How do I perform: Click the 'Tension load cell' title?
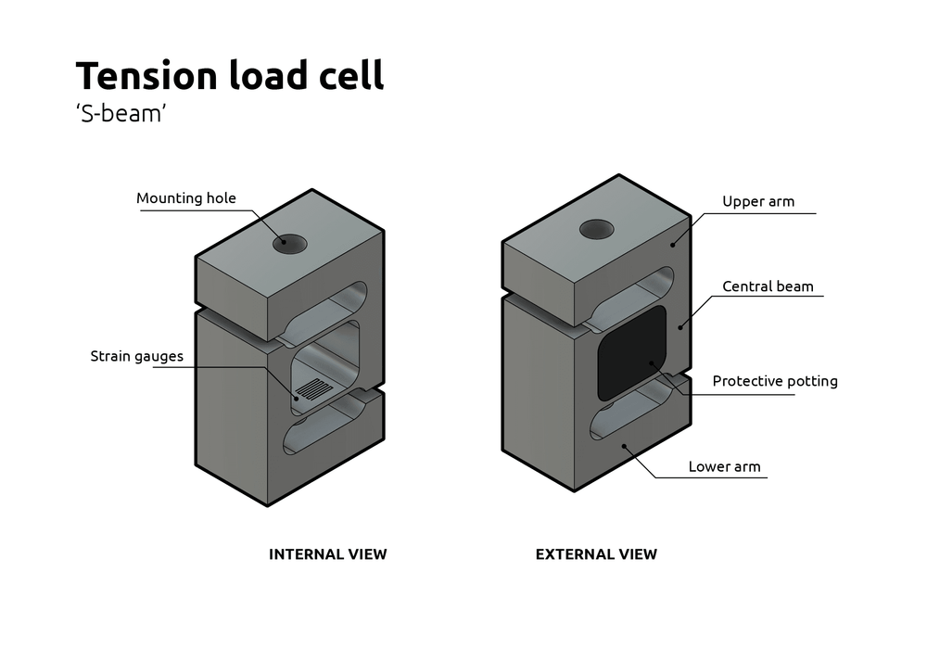coord(229,75)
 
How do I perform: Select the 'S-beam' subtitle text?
coord(121,117)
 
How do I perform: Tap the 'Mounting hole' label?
coord(186,197)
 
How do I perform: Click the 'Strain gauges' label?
coord(136,356)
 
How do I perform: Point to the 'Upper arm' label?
coord(757,201)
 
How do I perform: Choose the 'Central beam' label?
coord(768,286)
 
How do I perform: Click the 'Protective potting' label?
coord(774,381)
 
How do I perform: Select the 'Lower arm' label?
coord(724,466)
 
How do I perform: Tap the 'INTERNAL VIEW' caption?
coord(327,554)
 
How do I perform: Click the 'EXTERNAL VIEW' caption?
coord(596,554)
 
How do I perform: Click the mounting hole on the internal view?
coord(290,244)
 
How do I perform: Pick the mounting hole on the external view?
coord(597,228)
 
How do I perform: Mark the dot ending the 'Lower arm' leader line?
coord(627,446)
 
